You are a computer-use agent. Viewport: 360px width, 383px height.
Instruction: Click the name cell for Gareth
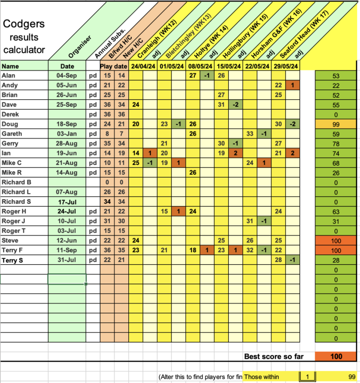[12, 134]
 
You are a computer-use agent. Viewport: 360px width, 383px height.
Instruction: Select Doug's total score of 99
[336, 124]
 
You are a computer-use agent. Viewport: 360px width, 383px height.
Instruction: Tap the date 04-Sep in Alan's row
[67, 76]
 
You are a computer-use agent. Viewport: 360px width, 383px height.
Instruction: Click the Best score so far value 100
[336, 356]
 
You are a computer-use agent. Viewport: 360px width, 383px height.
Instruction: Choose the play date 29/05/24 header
[286, 66]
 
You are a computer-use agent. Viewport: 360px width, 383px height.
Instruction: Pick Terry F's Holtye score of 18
[193, 251]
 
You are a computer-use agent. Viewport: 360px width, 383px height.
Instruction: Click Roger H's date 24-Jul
[67, 211]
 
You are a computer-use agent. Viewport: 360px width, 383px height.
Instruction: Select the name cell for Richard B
[16, 182]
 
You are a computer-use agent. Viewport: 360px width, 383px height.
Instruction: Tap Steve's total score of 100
[336, 241]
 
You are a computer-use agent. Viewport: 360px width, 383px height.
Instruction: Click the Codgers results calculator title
[24, 37]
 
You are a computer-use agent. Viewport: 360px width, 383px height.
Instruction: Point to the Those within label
[262, 377]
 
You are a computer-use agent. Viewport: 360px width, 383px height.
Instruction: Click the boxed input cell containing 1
[307, 377]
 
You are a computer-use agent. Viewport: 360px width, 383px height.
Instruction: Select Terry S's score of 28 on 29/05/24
[279, 260]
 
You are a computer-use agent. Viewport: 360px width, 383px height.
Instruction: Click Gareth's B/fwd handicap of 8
[107, 134]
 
